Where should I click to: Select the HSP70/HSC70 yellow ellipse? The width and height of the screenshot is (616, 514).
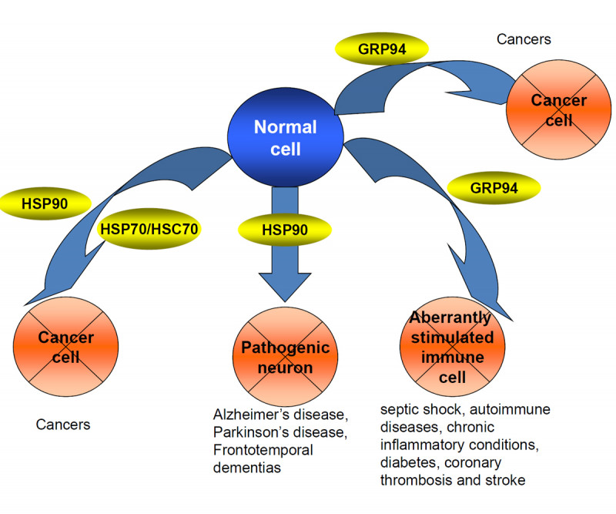point(149,229)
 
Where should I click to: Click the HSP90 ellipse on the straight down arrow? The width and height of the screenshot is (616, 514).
point(285,229)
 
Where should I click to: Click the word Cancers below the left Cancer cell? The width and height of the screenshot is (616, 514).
point(63,424)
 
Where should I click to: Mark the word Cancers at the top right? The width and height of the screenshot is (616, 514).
point(524,38)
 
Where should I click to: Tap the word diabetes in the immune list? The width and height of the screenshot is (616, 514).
point(406,463)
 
